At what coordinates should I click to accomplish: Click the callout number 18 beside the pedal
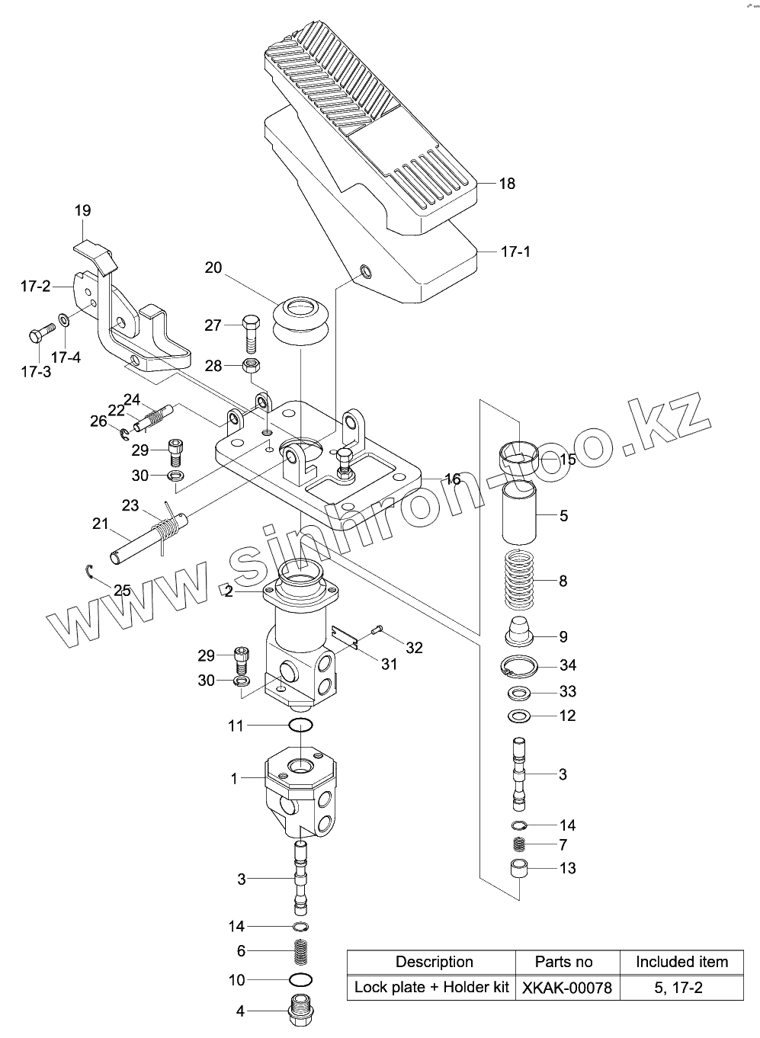coord(507,184)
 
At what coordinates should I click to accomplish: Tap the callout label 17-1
coord(516,251)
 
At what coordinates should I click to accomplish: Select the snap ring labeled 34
coord(521,668)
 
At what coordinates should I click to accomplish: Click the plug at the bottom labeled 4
coord(301,1011)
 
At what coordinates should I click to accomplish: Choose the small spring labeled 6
coord(302,951)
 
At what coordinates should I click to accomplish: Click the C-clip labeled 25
coord(89,572)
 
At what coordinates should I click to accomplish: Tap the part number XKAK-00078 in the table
coord(566,988)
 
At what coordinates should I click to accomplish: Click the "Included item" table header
coord(681,962)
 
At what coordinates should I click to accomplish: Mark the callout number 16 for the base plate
coord(452,479)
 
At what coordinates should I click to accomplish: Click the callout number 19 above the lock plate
coord(83,210)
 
